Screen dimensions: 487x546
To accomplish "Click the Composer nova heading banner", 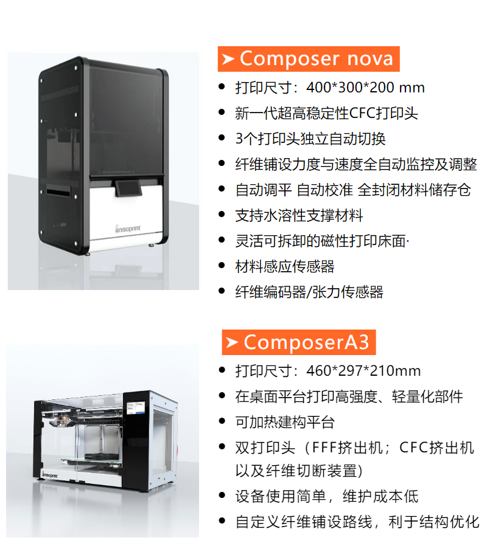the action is (309, 59).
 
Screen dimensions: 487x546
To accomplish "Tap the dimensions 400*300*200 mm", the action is (365, 88).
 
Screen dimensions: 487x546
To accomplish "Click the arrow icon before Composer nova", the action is (228, 59).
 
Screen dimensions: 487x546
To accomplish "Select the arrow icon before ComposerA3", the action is (231, 342).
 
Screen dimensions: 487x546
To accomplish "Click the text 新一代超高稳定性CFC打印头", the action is (326, 113).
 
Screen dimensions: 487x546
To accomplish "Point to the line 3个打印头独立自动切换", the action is (310, 139).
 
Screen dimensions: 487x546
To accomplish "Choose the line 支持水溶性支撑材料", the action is (299, 215).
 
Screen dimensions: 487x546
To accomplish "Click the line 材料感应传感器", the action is (284, 266).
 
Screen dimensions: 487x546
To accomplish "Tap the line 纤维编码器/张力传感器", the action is (309, 292).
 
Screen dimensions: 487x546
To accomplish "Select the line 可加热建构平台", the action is (284, 422).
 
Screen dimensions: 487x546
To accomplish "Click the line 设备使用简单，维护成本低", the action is (327, 496).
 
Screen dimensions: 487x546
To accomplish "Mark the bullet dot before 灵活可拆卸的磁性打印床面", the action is (222, 241).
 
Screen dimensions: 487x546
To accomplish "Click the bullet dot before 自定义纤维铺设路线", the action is (222, 522).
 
